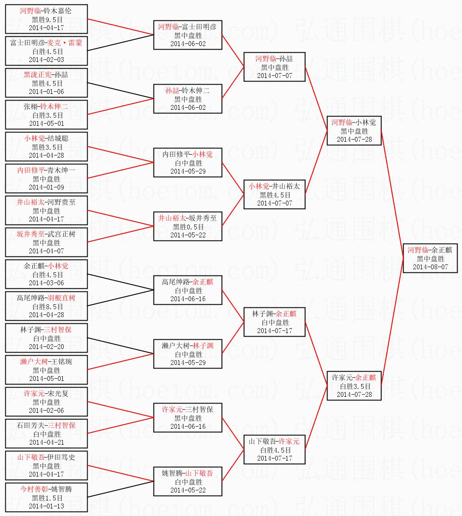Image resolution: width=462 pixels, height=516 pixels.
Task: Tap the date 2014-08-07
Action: click(x=430, y=267)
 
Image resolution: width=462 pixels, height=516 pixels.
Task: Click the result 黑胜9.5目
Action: click(x=46, y=19)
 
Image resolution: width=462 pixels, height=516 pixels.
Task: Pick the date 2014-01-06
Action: click(x=46, y=92)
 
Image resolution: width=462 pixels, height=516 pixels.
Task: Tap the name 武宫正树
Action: click(x=61, y=234)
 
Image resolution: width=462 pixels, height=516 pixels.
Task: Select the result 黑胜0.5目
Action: click(x=188, y=227)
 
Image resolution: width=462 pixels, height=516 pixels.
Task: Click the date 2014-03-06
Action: click(x=46, y=283)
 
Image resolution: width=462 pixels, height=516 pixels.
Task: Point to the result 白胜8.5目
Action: click(x=46, y=306)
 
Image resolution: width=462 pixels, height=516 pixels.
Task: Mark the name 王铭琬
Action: click(x=61, y=362)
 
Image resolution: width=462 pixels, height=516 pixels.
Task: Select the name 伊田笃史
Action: click(x=61, y=458)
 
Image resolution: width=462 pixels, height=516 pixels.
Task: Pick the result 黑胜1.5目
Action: click(x=46, y=498)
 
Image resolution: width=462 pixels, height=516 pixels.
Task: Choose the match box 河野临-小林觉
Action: click(x=354, y=131)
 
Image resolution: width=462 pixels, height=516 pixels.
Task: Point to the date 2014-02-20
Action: click(x=46, y=347)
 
